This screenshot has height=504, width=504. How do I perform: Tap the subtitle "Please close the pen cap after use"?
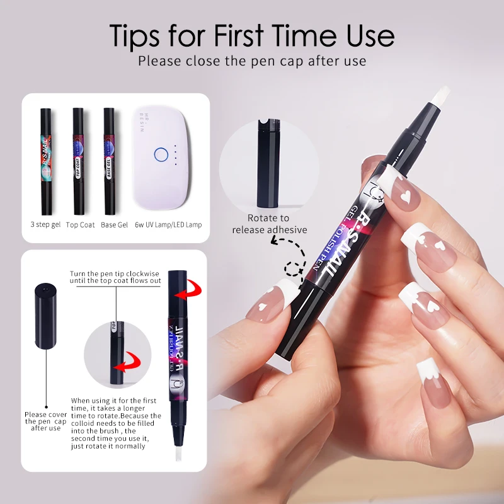point(252,62)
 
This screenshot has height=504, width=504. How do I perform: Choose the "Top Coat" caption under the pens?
point(79,225)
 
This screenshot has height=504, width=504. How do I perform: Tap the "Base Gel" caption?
point(113,225)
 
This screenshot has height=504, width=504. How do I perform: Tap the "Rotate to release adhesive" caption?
point(269,224)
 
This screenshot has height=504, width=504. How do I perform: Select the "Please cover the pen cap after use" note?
point(45,421)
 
